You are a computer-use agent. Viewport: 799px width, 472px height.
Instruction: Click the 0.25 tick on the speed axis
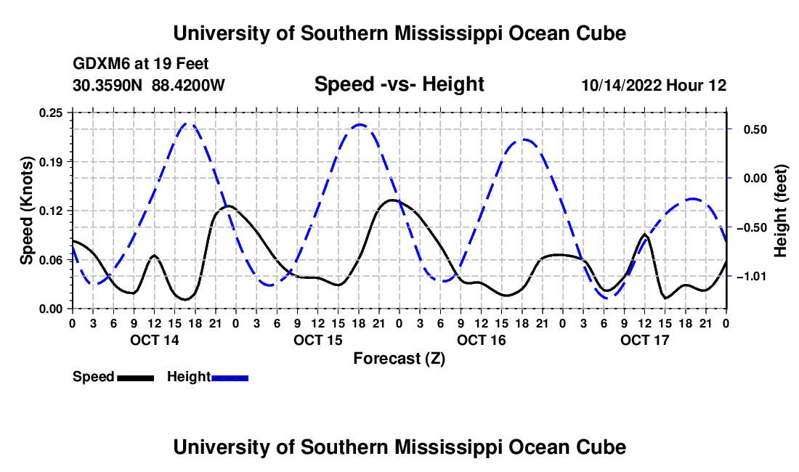point(51,113)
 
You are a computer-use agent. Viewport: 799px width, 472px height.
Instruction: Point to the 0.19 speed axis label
point(51,162)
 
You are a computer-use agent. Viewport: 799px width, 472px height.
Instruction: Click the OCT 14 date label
point(155,340)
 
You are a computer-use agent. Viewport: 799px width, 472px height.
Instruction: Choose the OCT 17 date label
point(644,340)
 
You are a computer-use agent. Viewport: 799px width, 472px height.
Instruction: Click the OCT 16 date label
point(481,340)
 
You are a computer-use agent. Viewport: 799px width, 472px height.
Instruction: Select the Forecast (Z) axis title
point(399,359)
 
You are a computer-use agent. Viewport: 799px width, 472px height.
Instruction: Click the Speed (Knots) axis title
point(26,211)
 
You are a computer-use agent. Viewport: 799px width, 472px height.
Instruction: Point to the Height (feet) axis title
point(780,211)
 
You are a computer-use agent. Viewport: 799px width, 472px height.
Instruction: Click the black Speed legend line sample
point(136,378)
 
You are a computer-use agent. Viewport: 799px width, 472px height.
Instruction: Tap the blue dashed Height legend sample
point(230,378)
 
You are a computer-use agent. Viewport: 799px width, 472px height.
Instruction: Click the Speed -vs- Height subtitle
point(399,84)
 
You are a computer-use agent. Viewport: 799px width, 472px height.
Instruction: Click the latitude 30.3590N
point(107,85)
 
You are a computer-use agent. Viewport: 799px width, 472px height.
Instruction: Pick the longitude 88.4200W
point(188,85)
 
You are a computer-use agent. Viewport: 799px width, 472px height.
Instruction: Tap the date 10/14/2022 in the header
point(621,85)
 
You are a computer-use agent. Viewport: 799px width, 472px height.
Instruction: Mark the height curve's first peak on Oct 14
point(187,123)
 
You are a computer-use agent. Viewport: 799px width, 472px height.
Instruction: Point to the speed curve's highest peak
point(392,200)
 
